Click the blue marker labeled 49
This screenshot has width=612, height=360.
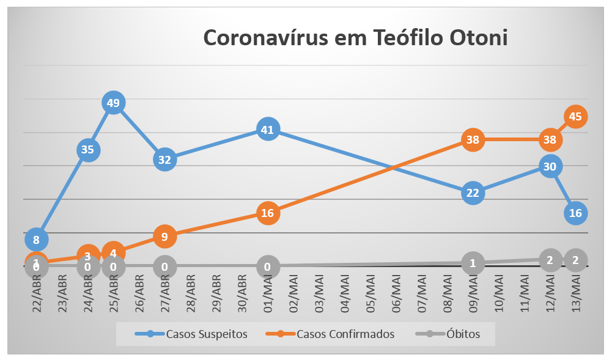coord(113,103)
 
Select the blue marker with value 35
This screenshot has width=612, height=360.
coord(88,150)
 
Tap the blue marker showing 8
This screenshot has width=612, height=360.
coord(37,240)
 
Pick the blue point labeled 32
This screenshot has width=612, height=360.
coord(164,160)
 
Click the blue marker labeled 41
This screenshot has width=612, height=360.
coord(268,130)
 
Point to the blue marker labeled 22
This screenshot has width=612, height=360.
coord(472,193)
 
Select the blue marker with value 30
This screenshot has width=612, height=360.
coord(550,166)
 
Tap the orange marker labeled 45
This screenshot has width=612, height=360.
coord(575,116)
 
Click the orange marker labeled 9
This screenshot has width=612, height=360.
coord(164,236)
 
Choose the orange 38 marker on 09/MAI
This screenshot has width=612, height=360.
coord(472,139)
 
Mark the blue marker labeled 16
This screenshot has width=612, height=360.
coord(575,213)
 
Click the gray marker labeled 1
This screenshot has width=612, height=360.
coord(472,263)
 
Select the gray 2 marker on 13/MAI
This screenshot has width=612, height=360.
coord(575,260)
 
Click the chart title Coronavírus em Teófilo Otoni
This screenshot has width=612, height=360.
coord(355,38)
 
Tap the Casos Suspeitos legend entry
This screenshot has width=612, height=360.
coord(191,334)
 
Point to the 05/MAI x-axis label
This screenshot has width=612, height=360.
coord(371,293)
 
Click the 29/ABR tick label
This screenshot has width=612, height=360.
coord(216,293)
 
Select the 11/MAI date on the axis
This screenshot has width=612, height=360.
coord(525,293)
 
